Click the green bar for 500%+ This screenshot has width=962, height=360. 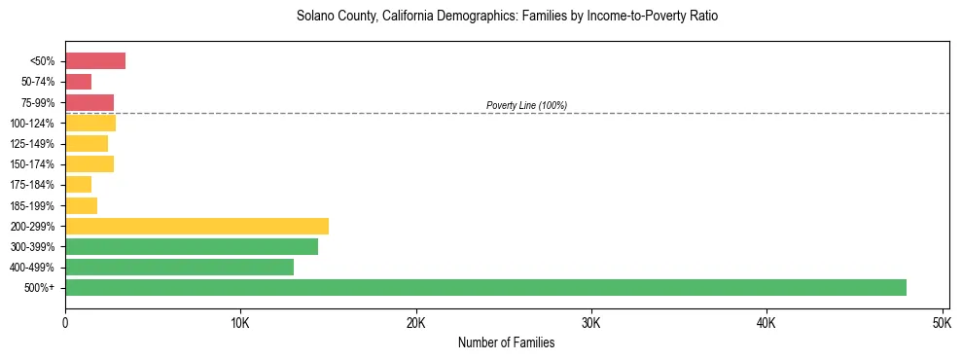(485, 288)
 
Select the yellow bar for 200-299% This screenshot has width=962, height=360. (196, 226)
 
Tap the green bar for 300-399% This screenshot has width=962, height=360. (192, 247)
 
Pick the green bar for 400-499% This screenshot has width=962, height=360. (179, 268)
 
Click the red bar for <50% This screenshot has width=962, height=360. (95, 61)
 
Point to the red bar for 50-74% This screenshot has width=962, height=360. (78, 82)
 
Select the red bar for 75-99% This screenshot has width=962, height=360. (89, 102)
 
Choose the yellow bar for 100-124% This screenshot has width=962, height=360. (90, 124)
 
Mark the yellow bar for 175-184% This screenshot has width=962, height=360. (78, 185)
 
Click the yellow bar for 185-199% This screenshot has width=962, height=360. (81, 205)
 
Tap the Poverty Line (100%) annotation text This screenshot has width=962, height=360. (526, 105)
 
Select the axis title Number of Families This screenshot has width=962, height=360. (507, 342)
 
